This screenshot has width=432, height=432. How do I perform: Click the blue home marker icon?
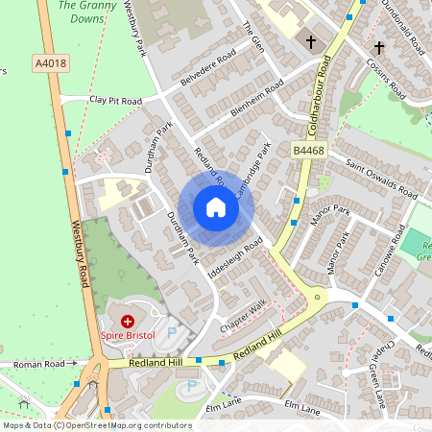[x=216, y=207]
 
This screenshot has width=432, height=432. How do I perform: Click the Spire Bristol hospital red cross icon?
[x=126, y=320]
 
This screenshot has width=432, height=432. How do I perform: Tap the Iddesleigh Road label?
[x=235, y=259]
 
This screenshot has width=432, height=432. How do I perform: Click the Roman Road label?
[x=45, y=365]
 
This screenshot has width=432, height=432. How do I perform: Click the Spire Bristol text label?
[x=127, y=337]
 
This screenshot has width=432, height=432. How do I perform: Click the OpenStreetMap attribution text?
[x=96, y=425]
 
